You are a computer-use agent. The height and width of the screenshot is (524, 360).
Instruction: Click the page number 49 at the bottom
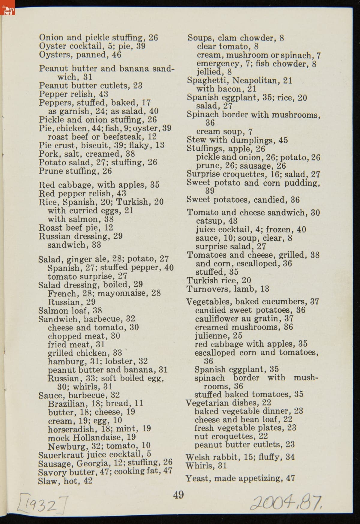pos(178,494)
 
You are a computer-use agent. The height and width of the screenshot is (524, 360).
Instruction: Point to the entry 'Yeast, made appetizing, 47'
pos(240,478)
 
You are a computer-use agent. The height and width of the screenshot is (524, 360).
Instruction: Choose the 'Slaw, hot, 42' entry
pos(65,481)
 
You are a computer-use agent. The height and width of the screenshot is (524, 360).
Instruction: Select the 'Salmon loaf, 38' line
pos(70,310)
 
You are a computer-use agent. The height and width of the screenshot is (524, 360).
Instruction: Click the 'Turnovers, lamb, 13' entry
pos(228,289)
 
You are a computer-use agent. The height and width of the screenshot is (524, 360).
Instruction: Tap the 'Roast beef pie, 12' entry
pos(76,227)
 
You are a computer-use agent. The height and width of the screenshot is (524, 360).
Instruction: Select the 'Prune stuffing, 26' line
pos(75,171)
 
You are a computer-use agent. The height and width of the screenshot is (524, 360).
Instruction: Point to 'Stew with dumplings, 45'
pos(237,140)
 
